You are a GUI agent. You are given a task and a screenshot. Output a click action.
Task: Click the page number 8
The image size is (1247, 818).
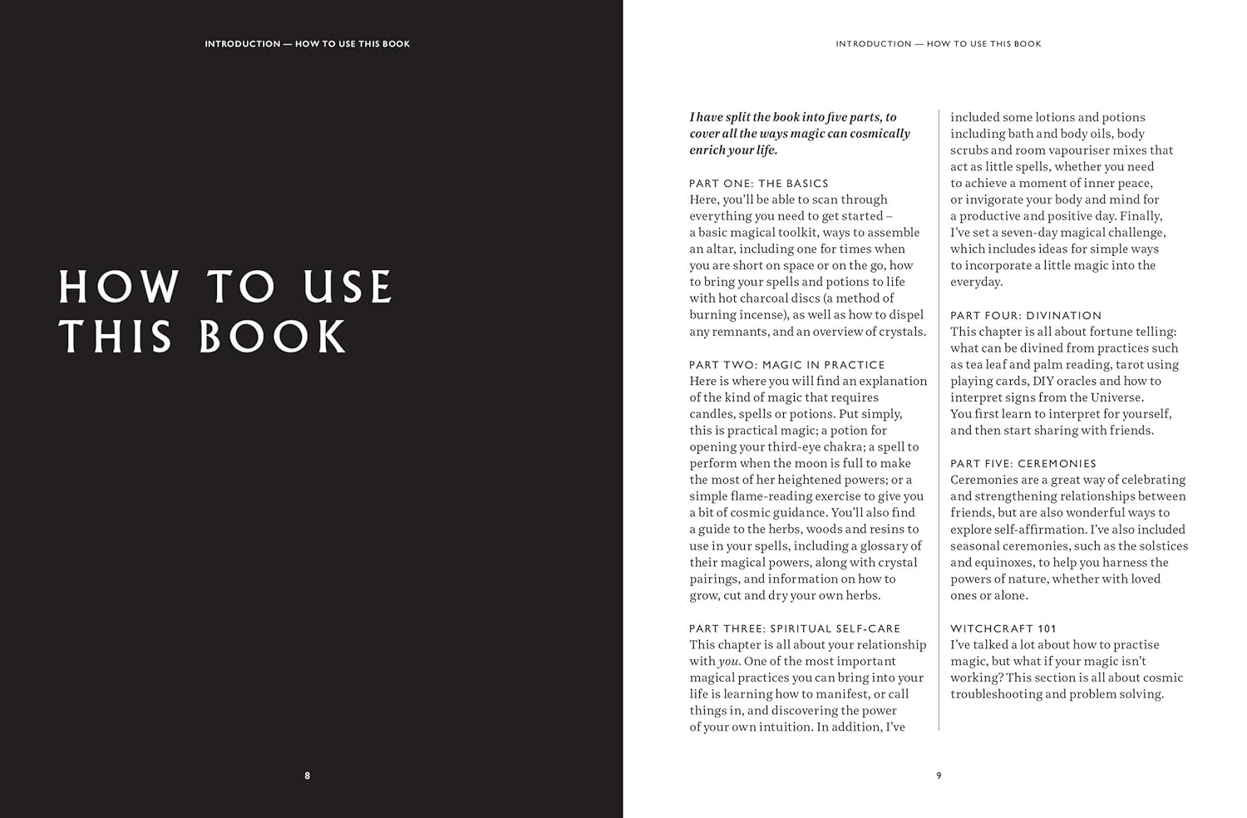click(307, 776)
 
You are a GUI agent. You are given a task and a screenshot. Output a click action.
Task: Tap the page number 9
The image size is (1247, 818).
click(939, 776)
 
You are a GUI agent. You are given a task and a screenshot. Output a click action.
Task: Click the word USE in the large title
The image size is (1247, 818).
click(347, 287)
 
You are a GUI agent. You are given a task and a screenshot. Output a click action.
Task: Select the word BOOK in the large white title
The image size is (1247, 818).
click(273, 337)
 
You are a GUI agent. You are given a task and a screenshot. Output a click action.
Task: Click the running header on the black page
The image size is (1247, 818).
click(307, 43)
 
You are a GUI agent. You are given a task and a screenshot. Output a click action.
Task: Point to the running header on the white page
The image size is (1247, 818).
click(938, 43)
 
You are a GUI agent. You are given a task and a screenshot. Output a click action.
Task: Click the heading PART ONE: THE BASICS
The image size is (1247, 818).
click(758, 183)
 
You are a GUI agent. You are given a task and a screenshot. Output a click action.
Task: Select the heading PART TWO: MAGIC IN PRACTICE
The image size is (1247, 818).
click(786, 364)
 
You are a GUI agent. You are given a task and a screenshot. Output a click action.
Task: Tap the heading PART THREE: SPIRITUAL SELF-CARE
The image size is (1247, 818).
click(794, 628)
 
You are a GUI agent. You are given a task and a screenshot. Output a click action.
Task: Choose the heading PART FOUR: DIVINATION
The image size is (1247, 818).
click(1026, 315)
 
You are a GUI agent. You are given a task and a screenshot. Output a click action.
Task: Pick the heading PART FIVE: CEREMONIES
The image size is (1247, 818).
click(1023, 463)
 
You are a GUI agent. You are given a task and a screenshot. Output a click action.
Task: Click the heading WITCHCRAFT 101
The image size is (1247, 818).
click(1003, 628)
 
